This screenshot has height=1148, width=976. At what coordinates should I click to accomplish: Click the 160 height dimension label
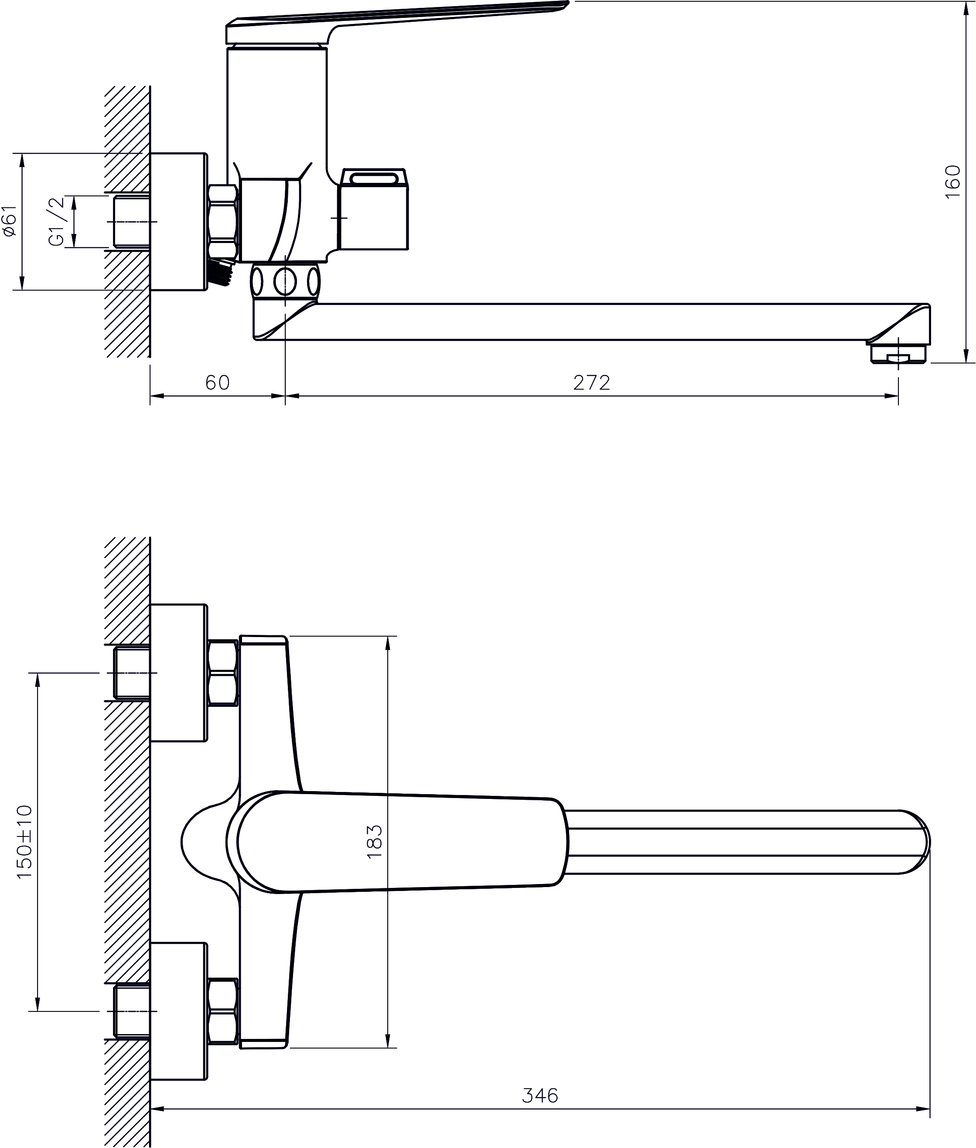pos(953,182)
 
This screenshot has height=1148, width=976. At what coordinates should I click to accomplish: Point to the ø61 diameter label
pos(10,221)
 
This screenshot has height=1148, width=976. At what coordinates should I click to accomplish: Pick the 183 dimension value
pos(375,841)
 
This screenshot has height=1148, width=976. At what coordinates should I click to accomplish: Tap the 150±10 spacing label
pos(25,842)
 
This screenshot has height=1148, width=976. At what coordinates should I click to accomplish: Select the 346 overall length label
pos(540,1095)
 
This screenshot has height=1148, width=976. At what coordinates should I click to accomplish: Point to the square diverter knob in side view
pos(373,210)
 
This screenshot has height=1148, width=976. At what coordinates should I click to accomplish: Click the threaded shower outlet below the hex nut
pos(221,272)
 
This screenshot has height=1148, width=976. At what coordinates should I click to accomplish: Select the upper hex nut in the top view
pos(223,672)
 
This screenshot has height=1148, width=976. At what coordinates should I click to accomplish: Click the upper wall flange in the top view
pos(179,672)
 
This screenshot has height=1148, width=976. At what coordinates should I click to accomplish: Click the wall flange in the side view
pos(179,221)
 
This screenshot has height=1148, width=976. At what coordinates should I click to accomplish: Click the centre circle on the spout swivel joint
pos(285,282)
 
